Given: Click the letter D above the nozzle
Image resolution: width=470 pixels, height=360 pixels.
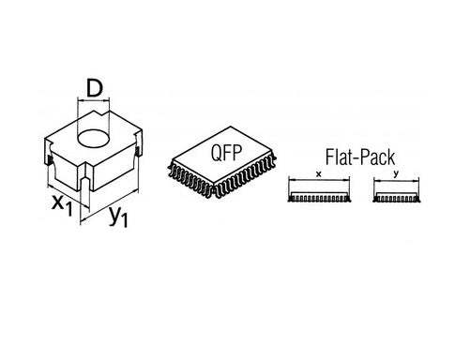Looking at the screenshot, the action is tap(93, 88).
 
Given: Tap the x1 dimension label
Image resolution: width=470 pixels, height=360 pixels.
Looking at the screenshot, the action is tap(59, 205).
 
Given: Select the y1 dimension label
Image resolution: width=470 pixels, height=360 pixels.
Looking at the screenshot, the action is tap(116, 217).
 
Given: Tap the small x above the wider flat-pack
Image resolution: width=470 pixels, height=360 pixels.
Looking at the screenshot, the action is tap(320, 174).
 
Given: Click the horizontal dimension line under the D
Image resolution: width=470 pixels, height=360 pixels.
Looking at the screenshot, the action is tap(93, 102).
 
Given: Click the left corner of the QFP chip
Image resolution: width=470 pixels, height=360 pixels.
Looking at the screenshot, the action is tap(169, 161).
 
